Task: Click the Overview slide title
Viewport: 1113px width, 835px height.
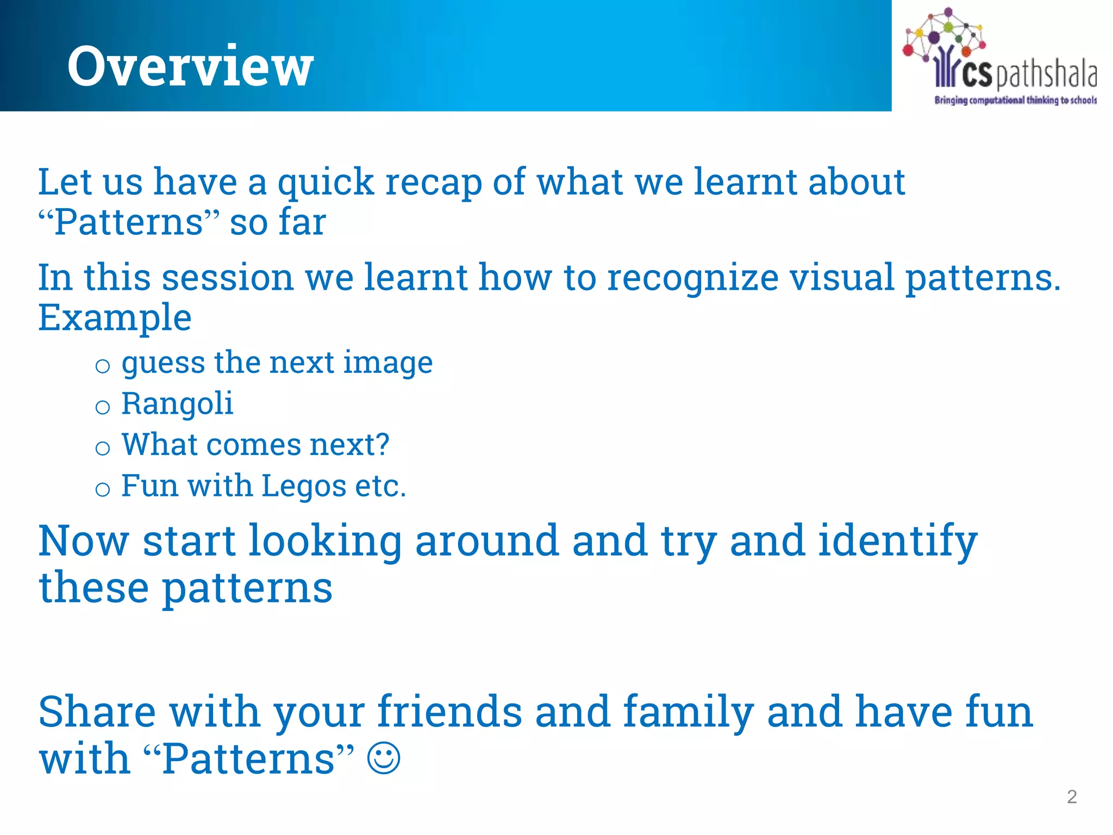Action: [190, 66]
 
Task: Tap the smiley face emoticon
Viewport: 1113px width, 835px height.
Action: [384, 758]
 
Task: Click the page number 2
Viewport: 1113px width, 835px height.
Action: [1072, 797]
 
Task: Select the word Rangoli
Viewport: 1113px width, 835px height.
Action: [177, 404]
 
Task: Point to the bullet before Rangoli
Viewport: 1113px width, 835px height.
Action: [103, 407]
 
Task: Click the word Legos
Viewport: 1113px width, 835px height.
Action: [303, 486]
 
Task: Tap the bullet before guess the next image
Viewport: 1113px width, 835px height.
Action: [103, 366]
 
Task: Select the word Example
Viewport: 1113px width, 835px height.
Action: [115, 317]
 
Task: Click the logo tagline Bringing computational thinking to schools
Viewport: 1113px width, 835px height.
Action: [1015, 100]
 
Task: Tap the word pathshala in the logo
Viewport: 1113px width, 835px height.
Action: [1046, 75]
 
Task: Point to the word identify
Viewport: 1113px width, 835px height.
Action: [897, 541]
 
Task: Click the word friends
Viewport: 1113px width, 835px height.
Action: [449, 712]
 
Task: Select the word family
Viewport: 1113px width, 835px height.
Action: [688, 712]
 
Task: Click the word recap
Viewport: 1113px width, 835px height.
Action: [433, 183]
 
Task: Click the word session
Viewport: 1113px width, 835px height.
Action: [228, 278]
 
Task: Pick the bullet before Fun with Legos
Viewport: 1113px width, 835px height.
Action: [103, 489]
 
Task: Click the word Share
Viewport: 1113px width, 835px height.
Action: [97, 712]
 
